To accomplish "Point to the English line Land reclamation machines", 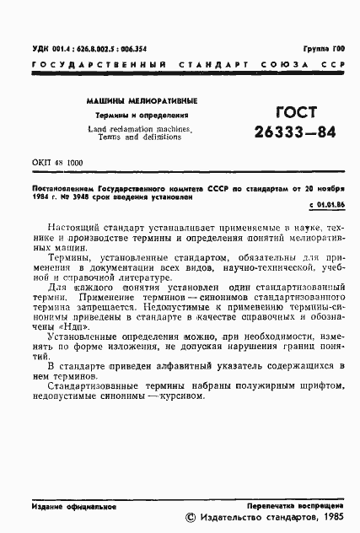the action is click(x=140, y=128).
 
